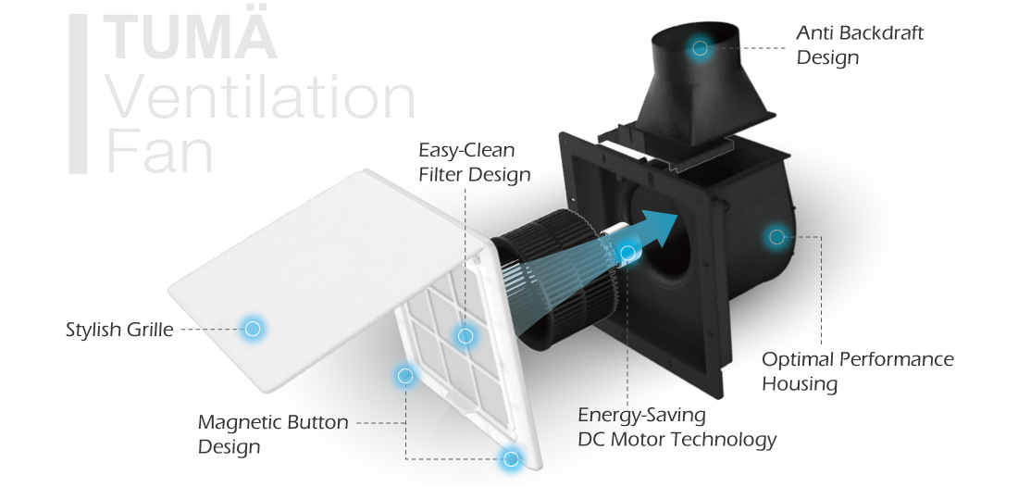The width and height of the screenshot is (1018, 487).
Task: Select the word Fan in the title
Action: click(x=159, y=153)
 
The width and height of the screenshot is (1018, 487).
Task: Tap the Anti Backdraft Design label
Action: click(x=860, y=44)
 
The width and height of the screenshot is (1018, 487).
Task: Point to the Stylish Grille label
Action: click(x=119, y=329)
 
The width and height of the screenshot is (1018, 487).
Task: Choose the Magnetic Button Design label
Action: click(x=273, y=433)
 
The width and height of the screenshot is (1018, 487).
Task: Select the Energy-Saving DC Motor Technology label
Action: click(x=677, y=427)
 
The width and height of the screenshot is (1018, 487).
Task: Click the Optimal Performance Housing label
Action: click(x=857, y=370)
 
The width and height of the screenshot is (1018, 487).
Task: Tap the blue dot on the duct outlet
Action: click(x=701, y=48)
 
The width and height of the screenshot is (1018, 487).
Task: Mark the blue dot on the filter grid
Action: click(x=466, y=335)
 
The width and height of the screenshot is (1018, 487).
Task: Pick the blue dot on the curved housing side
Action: click(x=776, y=237)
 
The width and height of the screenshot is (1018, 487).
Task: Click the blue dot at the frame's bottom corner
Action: click(x=510, y=457)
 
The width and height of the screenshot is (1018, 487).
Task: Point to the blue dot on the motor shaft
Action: click(x=628, y=252)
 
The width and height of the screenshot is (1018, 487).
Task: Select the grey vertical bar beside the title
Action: click(x=79, y=94)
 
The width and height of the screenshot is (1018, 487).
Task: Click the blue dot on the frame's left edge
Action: click(x=404, y=375)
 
